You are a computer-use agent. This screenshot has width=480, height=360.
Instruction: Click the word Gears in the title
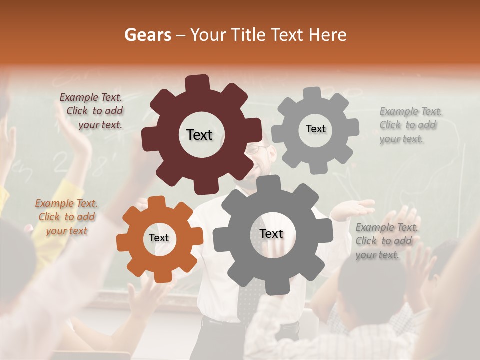pos(147,35)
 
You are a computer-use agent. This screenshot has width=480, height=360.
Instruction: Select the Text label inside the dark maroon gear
pos(199,135)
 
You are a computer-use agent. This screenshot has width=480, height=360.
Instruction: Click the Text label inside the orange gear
pos(159,238)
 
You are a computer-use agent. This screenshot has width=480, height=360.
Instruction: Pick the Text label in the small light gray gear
pos(315,129)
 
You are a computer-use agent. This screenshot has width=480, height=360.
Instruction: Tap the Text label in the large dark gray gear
pos(271,234)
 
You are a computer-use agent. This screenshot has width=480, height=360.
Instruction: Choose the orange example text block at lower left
pos(66,217)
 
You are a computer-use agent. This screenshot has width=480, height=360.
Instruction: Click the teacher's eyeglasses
pos(257,149)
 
